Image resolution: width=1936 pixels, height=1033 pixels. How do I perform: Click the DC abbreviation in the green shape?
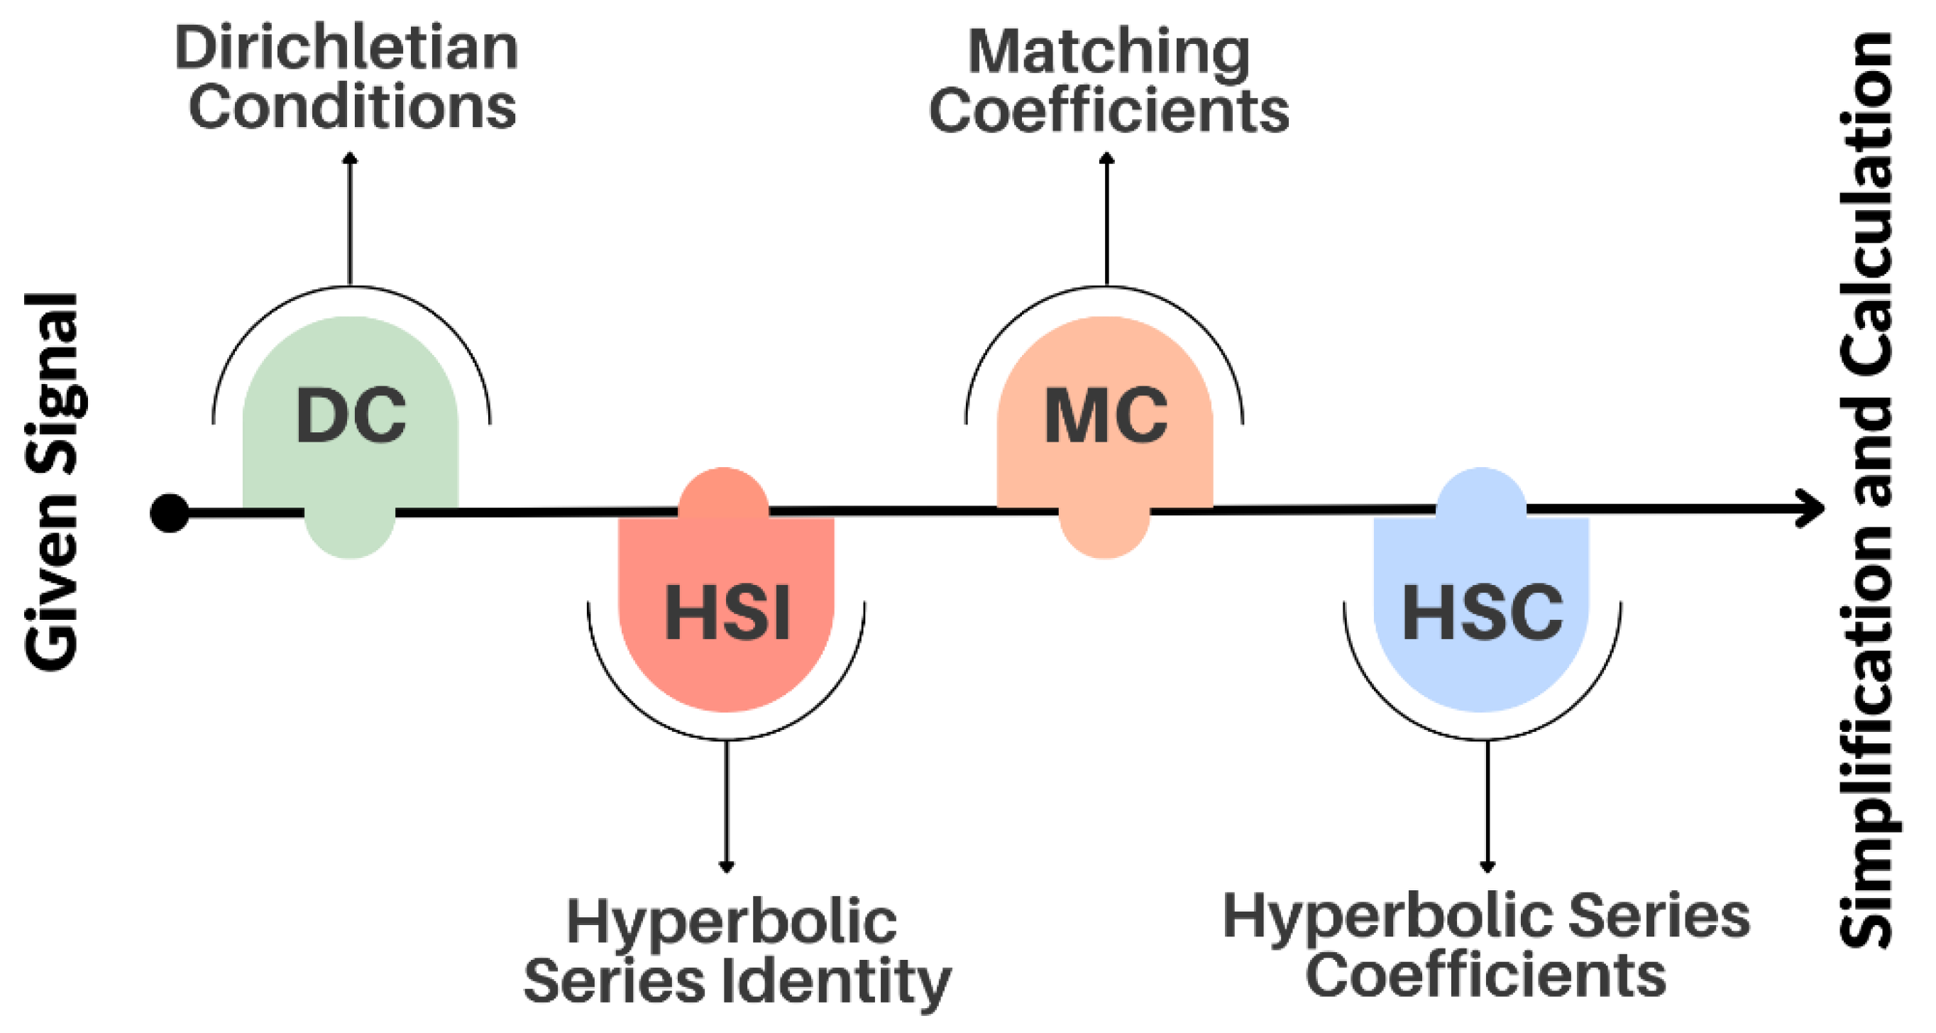[351, 416]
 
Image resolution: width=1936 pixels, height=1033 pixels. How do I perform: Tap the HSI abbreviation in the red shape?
[727, 613]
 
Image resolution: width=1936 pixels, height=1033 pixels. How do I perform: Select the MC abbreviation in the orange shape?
[1106, 416]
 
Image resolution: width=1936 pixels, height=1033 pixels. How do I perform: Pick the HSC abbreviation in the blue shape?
[1482, 613]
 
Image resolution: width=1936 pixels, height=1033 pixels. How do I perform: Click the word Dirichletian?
[346, 48]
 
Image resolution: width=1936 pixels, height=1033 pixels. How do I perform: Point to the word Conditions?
[353, 106]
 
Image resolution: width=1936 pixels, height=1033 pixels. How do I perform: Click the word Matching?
[1109, 53]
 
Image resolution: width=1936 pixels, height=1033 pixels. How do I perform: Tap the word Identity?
[837, 983]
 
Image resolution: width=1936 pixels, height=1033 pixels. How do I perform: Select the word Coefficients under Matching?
[1109, 111]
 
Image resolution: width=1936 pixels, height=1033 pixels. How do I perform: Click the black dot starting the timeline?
[170, 513]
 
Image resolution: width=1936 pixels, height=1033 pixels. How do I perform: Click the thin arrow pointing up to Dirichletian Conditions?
[350, 218]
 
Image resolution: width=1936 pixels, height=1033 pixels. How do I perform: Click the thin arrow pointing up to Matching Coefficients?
[1106, 218]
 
